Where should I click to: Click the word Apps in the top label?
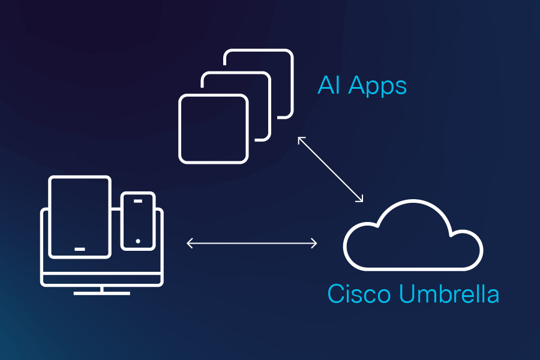378,86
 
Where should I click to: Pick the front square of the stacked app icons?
214,128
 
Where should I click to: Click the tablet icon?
80,216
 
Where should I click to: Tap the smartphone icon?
138,221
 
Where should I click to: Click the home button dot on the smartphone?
138,241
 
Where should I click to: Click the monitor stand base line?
102,293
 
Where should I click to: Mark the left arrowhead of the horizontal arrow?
188,243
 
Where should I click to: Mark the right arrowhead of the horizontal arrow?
315,243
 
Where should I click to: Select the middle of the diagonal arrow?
331,169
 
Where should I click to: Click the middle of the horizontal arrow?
252,243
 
